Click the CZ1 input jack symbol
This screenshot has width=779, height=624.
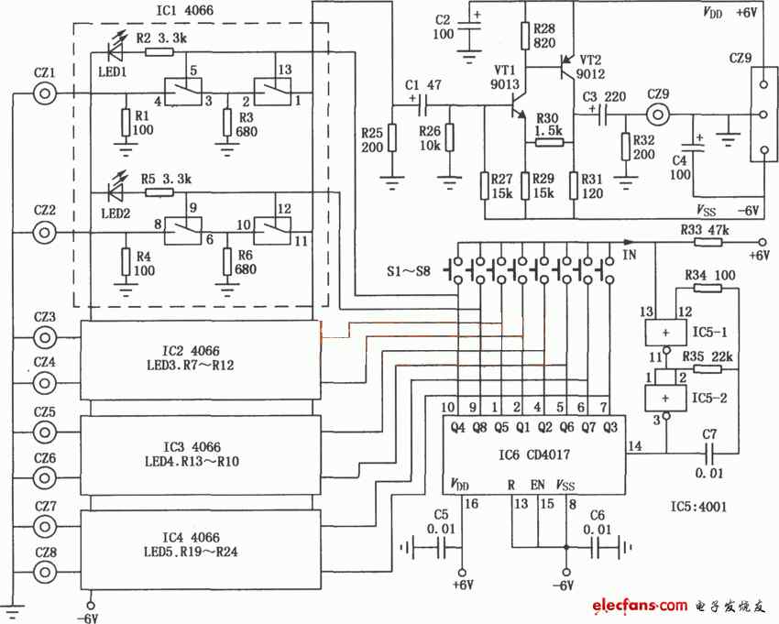45,93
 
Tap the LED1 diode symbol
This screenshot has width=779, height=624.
115,51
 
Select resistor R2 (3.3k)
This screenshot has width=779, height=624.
159,51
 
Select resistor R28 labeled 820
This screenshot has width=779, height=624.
525,37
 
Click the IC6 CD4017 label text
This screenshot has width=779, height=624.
533,454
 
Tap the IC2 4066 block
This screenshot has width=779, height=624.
201,360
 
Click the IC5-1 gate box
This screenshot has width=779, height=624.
665,333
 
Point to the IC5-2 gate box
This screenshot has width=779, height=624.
665,398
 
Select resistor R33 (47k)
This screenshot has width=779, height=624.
708,243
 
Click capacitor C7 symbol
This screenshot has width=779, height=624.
710,453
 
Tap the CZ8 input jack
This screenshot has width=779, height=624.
45,572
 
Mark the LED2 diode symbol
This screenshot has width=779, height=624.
115,192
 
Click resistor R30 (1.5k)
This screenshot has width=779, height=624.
549,143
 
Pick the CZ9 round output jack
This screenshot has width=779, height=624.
659,115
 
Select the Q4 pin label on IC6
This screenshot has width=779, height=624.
457,427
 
